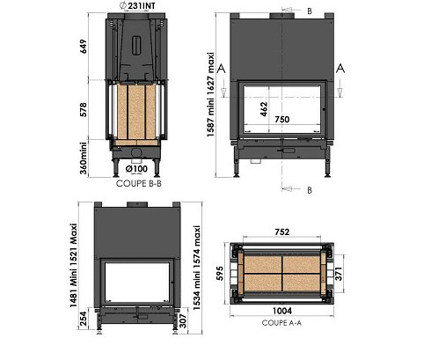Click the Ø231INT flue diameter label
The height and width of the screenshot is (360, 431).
coord(137,5)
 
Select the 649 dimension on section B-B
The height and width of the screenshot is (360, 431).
coord(84,47)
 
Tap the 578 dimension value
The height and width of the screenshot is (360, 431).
coord(84,110)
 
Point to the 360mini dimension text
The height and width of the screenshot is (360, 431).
coord(84,158)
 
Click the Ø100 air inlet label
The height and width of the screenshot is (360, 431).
coord(136,169)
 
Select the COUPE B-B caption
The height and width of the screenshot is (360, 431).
coord(139,183)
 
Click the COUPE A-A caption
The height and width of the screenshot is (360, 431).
coord(281,323)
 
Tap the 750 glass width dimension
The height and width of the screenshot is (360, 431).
coord(282,119)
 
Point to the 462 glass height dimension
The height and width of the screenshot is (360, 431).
coord(264,109)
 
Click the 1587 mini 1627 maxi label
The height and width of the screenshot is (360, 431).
coord(210,94)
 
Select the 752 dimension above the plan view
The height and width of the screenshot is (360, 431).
coord(282,231)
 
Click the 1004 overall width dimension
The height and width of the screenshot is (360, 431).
coord(282,311)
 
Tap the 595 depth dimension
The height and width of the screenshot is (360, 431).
coord(220,274)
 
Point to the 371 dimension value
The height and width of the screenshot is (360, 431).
coord(339,274)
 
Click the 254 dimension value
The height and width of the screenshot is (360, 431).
coord(84,319)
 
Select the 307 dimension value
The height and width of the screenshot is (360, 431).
coord(183,320)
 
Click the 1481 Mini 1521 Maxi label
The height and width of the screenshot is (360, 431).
coord(73,266)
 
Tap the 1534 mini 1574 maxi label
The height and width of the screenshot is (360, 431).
coord(197,268)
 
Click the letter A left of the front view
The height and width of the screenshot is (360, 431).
coord(221,69)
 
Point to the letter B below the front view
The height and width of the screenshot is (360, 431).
coord(310,190)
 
